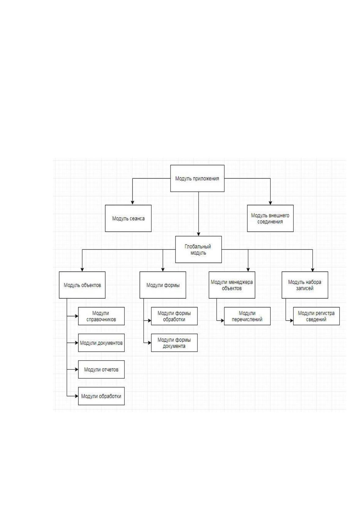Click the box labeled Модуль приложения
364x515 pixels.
(x=197, y=178)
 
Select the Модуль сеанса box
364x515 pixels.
(x=128, y=218)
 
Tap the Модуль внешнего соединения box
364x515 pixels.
(x=270, y=218)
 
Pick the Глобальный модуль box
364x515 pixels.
(x=198, y=250)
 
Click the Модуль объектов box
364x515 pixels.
(x=82, y=285)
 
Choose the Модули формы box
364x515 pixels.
(x=163, y=285)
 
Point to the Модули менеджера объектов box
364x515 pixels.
(x=232, y=285)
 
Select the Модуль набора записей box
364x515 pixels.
(x=305, y=285)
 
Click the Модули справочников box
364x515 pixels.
(x=101, y=316)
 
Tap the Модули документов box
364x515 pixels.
(x=101, y=343)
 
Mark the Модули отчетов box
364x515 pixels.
(x=101, y=369)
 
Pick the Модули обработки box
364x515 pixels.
(x=101, y=396)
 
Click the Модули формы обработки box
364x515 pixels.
(x=174, y=316)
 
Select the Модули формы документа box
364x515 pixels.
(x=174, y=343)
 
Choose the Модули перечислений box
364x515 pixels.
(x=247, y=316)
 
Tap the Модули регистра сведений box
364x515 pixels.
(x=316, y=316)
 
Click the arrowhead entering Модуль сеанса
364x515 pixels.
(x=132, y=203)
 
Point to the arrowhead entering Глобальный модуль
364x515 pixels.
(x=199, y=234)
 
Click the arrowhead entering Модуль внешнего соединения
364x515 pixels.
(x=270, y=203)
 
